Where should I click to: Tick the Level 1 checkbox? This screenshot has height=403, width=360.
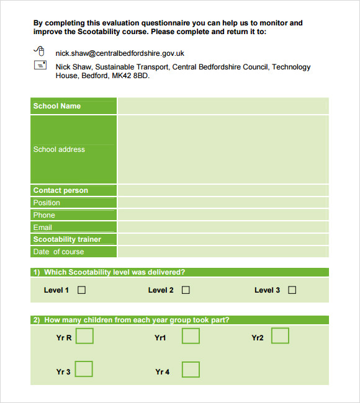coord(81,290)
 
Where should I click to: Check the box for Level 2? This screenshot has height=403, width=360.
coord(186,290)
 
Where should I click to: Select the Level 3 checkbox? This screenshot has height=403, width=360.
coord(292,290)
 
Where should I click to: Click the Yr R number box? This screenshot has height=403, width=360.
coord(84,336)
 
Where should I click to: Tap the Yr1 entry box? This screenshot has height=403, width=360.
coord(191,336)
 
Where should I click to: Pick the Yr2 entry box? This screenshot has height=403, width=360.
coord(280,336)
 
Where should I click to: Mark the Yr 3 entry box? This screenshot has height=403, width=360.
coord(84,370)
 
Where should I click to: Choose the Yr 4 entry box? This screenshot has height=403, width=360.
coord(191,370)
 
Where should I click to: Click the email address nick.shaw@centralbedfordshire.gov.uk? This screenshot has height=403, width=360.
coord(120,53)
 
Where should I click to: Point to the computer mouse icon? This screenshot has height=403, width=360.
coord(39,51)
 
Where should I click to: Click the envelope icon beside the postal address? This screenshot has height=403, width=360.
coord(39,65)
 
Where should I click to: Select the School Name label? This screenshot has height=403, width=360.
coord(57,106)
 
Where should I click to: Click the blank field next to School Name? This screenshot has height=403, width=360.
coord(223,106)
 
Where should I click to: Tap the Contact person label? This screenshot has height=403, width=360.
coord(61,190)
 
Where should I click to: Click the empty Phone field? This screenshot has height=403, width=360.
coord(223,215)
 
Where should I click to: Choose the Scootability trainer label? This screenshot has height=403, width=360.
coord(67,239)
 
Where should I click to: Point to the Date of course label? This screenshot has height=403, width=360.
coord(58,252)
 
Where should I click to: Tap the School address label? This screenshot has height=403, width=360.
coord(59,149)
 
